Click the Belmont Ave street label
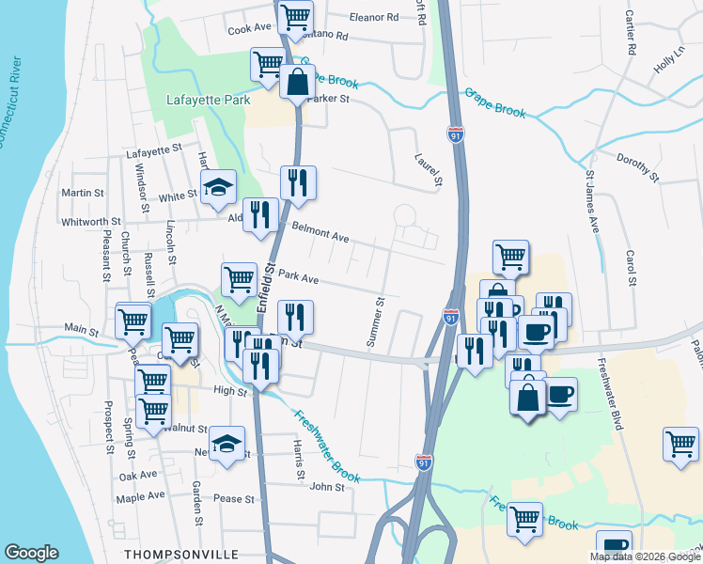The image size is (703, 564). (320, 232)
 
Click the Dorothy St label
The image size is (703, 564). (638, 164)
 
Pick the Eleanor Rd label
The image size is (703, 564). (374, 17)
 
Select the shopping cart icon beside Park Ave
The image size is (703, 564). (239, 278)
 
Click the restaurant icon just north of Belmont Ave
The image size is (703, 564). (298, 183)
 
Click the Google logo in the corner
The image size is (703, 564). (31, 553)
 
